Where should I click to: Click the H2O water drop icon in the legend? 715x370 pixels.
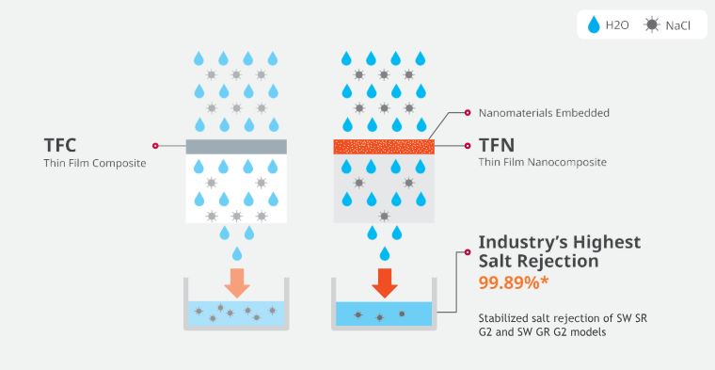tap(594, 24)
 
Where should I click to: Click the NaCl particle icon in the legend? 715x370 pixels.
tap(652, 24)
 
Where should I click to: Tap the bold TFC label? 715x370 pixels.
tap(59, 146)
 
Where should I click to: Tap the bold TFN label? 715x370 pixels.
tap(497, 146)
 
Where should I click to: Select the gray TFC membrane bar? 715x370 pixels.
tap(236, 147)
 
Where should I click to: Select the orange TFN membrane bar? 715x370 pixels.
tap(384, 147)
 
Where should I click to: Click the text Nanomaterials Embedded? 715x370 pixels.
tap(544, 113)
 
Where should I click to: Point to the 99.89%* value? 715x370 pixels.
tap(514, 282)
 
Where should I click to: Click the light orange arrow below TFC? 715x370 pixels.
tap(237, 282)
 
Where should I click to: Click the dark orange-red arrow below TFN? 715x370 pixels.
tap(385, 282)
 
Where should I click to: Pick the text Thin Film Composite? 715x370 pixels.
tap(95, 163)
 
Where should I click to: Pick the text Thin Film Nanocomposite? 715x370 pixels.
tap(543, 162)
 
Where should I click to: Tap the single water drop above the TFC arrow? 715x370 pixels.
tap(237, 253)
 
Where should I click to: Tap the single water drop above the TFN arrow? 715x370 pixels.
tap(385, 253)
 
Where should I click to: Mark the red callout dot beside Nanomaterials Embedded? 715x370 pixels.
tap(467, 113)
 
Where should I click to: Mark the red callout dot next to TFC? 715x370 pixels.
tap(155, 146)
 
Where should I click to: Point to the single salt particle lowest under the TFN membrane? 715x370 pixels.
tap(385, 216)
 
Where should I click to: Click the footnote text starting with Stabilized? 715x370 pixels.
tap(563, 325)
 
